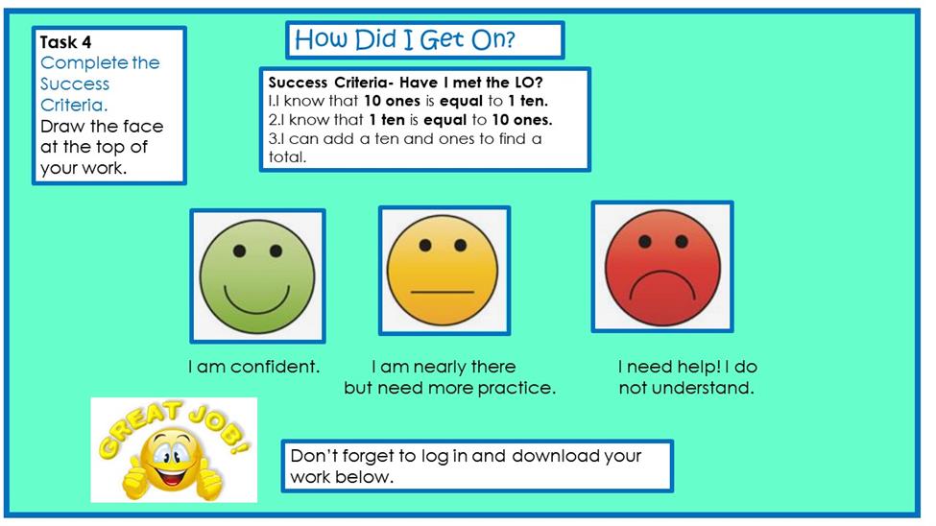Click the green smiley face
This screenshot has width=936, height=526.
click(256, 275)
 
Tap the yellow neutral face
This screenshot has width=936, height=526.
click(443, 271)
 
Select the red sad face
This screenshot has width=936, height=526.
click(662, 268)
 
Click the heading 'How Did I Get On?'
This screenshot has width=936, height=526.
click(405, 39)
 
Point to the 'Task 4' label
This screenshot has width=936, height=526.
click(65, 42)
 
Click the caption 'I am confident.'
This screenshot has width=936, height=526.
click(253, 366)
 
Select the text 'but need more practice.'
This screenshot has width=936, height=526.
click(449, 388)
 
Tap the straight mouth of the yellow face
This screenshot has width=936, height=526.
click(443, 292)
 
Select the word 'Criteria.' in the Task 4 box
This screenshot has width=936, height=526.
click(74, 105)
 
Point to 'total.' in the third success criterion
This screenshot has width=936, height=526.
click(287, 157)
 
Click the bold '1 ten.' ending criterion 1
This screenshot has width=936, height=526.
click(528, 101)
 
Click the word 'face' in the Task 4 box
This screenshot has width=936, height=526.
click(143, 127)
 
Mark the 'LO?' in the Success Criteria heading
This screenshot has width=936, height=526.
click(529, 83)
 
